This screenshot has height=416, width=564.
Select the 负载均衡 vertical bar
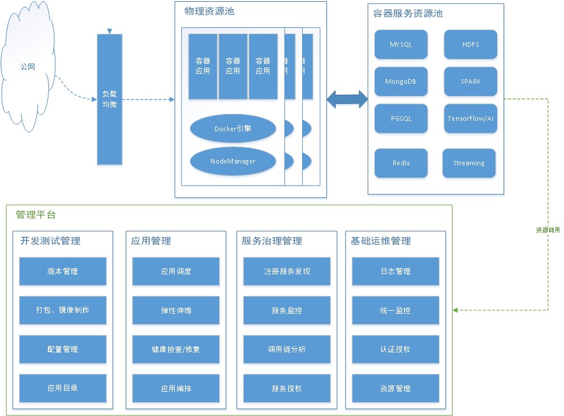110,99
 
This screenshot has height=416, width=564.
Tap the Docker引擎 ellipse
232,129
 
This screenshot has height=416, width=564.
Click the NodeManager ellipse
232,161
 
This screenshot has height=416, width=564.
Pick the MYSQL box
401,44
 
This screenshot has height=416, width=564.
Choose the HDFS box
470,44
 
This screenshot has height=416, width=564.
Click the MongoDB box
401,81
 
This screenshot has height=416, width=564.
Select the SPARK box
470,81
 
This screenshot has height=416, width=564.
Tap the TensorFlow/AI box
470,118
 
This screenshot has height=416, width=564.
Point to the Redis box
401,163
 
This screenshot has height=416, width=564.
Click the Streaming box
468,163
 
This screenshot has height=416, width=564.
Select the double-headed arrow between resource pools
347,99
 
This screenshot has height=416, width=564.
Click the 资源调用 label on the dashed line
547,230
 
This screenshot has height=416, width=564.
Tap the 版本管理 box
63,271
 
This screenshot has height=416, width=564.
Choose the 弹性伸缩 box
176,310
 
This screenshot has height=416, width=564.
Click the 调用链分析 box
287,349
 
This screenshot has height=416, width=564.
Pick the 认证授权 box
395,349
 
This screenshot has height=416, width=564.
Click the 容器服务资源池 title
408,13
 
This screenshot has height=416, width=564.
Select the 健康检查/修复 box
176,349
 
